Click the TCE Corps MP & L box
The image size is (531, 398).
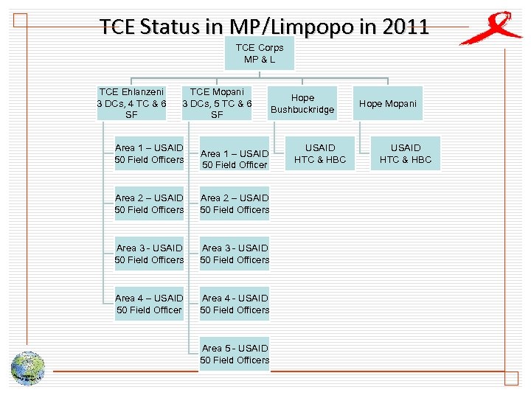click(x=260, y=53)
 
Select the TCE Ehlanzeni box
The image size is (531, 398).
click(x=132, y=103)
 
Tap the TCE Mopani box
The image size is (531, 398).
click(x=217, y=103)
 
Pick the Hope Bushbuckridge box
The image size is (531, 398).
click(x=302, y=104)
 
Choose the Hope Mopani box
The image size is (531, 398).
click(x=387, y=104)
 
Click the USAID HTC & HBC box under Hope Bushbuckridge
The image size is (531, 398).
click(x=320, y=153)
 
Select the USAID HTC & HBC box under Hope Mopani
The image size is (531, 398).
click(x=405, y=153)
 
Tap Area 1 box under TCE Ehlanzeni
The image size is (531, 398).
click(x=150, y=153)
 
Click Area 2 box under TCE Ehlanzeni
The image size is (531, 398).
click(x=150, y=203)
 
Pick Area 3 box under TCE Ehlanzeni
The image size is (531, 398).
click(x=150, y=254)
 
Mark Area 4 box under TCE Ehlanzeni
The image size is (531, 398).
click(x=150, y=304)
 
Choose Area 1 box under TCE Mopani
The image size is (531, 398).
click(x=235, y=158)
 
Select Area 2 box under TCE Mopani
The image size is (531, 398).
click(x=235, y=203)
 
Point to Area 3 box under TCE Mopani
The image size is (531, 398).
click(x=235, y=254)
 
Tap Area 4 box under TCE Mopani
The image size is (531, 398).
click(x=235, y=304)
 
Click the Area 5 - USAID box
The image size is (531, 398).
click(x=235, y=354)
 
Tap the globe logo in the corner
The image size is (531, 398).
click(x=27, y=368)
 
